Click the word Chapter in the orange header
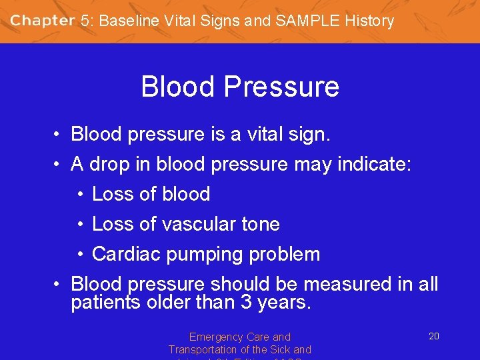point(42,21)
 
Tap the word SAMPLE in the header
point(307,21)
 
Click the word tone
point(258,224)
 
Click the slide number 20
point(433,336)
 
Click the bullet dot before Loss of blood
point(79,195)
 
